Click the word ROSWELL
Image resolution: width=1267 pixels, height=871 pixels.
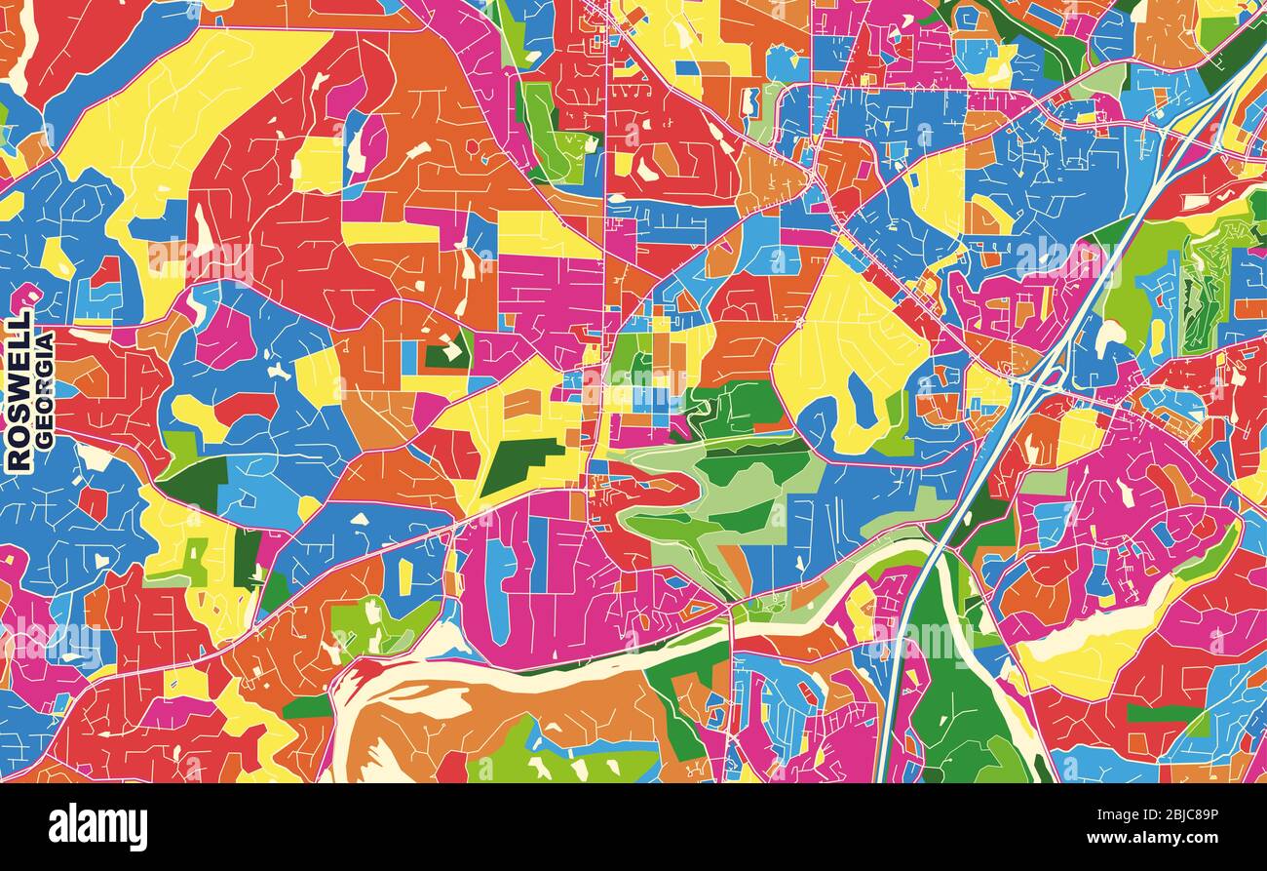pos(19,392)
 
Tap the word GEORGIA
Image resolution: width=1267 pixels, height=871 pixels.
pos(45,390)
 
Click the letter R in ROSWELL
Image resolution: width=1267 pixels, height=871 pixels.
pos(19,458)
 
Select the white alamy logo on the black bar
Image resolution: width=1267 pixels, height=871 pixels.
pos(97,827)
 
